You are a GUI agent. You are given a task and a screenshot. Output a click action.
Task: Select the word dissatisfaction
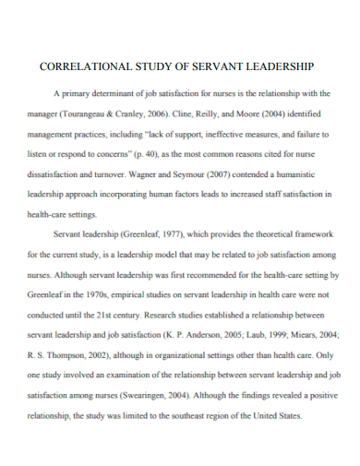59,172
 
